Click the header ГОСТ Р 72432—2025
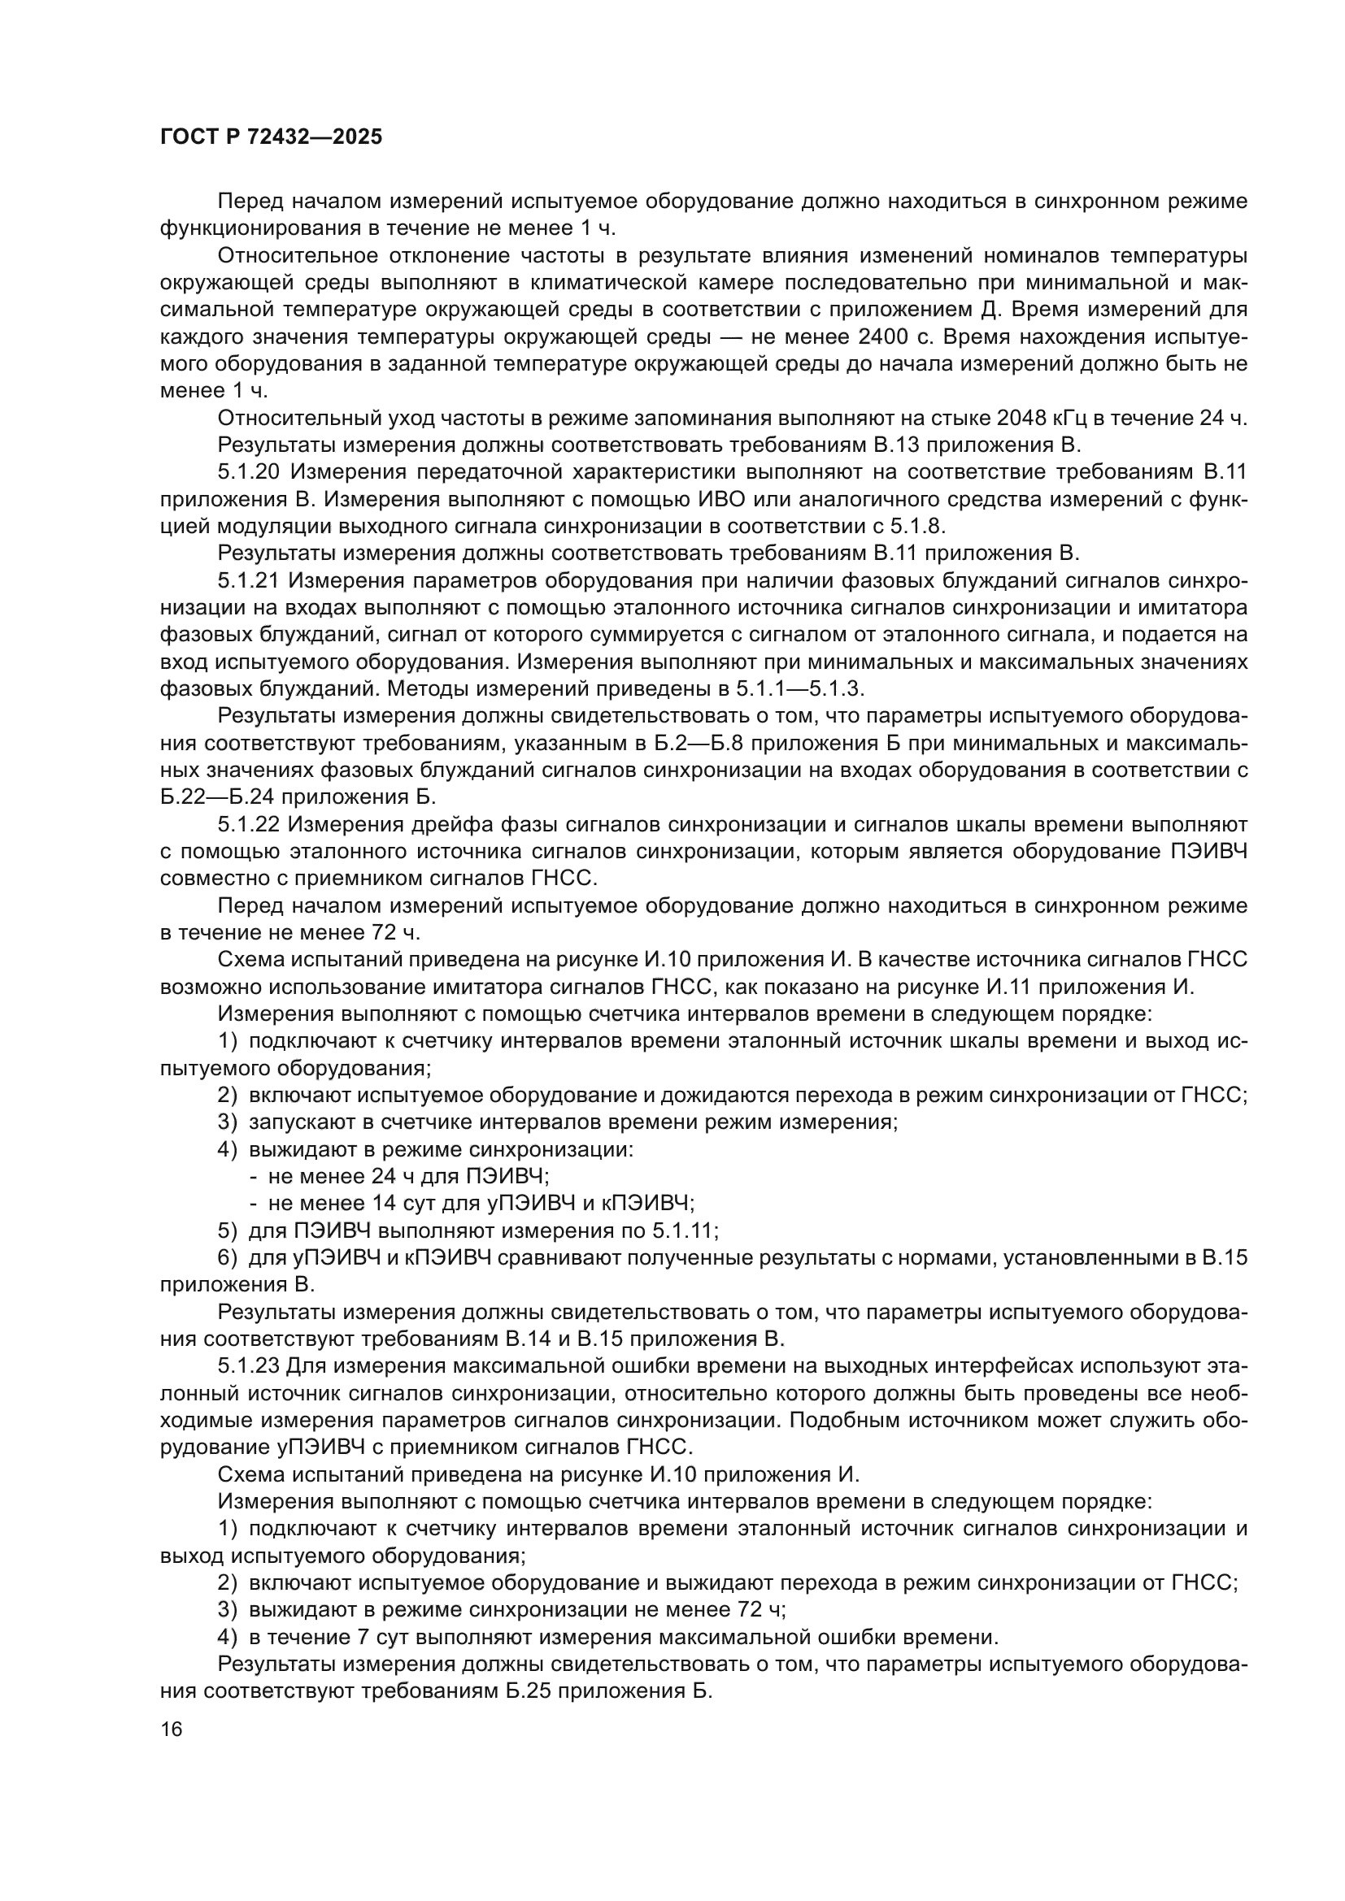tap(271, 137)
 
